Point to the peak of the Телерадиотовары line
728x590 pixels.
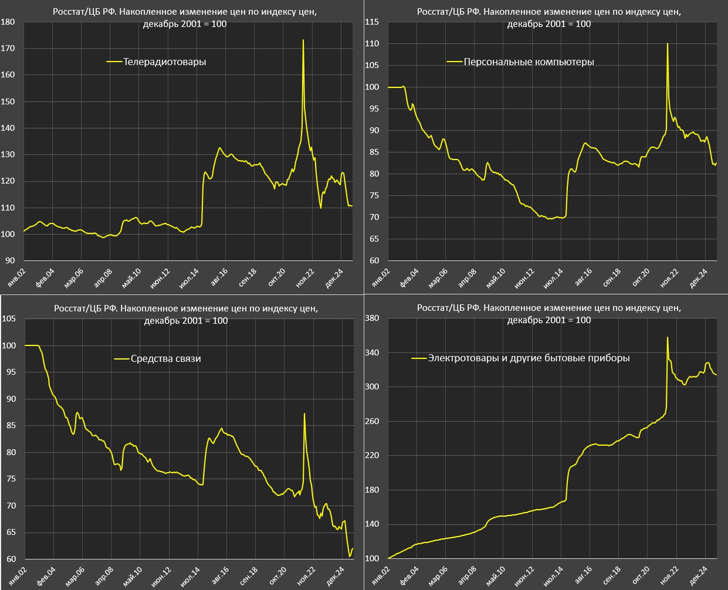coord(303,40)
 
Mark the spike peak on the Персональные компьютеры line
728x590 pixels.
coord(668,44)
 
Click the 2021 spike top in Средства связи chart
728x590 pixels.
coord(304,414)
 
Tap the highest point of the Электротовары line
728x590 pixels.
coord(668,337)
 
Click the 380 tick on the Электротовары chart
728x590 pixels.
coord(372,318)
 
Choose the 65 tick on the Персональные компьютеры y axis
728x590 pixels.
coord(374,239)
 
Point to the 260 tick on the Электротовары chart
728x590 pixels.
coord(372,422)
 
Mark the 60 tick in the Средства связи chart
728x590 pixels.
coord(11,559)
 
